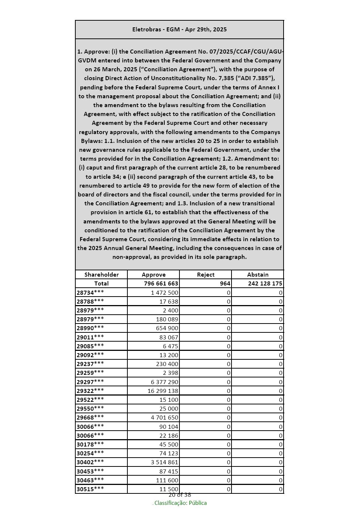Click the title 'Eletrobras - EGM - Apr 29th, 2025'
click(x=179, y=30)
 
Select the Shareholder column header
click(x=102, y=274)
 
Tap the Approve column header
click(x=154, y=274)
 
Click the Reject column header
click(x=206, y=274)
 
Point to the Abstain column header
click(x=258, y=274)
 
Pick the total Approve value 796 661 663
click(x=161, y=284)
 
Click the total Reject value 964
click(x=225, y=284)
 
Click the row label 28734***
click(x=90, y=293)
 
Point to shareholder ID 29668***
click(x=90, y=417)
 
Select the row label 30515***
click(x=90, y=489)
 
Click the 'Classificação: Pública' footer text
click(x=180, y=503)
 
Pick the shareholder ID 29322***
click(x=90, y=390)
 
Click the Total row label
click(x=102, y=284)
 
